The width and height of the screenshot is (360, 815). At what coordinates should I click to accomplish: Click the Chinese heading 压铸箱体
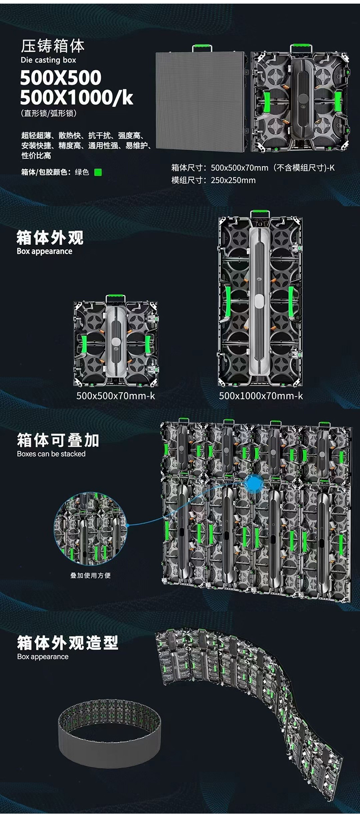coord(53,46)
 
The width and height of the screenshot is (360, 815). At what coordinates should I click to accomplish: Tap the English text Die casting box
coord(48,60)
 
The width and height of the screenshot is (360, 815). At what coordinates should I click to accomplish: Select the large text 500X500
coord(61,78)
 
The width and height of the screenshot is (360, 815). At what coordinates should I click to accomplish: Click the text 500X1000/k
coord(76,98)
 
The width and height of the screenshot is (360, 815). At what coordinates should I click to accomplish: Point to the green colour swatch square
coord(98,172)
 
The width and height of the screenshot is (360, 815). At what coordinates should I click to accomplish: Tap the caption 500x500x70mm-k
coord(116,396)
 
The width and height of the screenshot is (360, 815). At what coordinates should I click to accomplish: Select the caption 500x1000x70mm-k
coord(261,396)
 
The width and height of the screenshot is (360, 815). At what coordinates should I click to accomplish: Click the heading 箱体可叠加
coord(58,440)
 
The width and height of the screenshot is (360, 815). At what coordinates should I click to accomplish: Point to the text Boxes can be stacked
coord(51,454)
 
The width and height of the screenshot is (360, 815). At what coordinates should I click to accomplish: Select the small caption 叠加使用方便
coord(90,575)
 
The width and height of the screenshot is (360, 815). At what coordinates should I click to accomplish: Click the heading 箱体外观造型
coord(67,643)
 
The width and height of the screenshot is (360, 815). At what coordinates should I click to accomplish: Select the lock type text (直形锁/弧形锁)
coord(49,113)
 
